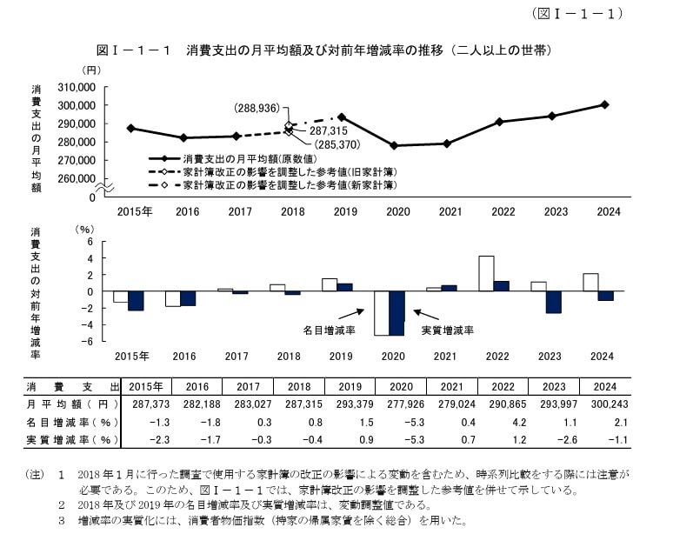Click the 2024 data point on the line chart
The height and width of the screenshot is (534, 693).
[604, 104]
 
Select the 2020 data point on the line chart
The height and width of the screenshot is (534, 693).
[394, 145]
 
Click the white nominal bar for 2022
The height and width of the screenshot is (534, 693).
[487, 273]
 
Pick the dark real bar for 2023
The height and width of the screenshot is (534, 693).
[554, 302]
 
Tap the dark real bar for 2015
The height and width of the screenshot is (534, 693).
[136, 300]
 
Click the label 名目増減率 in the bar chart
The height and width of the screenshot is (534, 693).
[329, 330]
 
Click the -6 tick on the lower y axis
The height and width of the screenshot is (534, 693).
[89, 341]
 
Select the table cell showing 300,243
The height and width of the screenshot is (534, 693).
[603, 404]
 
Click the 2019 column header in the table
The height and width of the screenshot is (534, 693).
[349, 386]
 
